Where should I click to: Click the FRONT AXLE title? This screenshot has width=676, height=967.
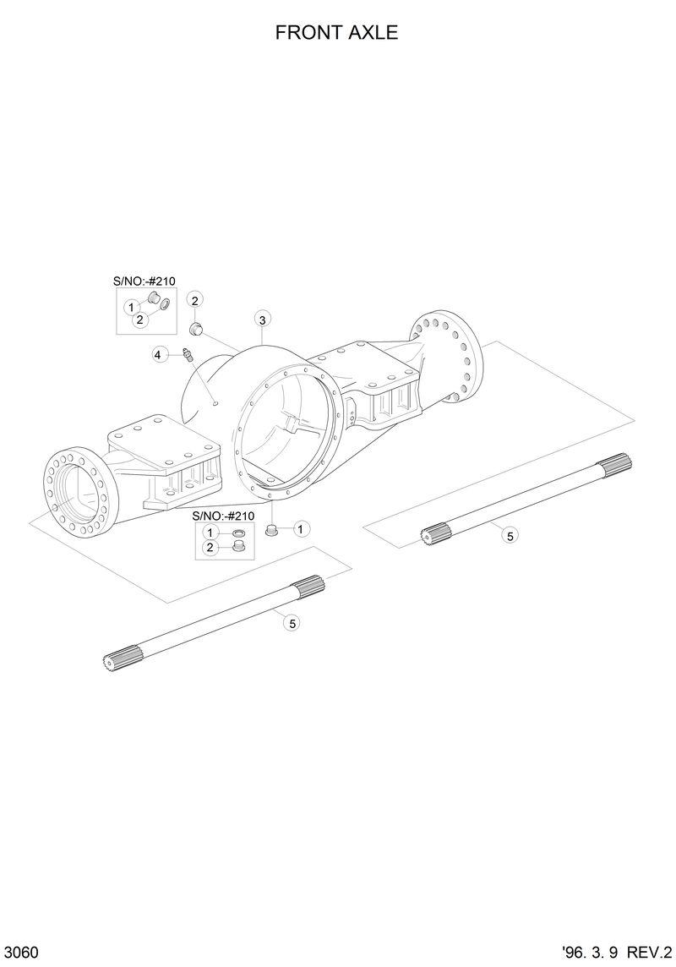coord(336,33)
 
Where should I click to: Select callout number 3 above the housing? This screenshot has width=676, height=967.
coord(263,320)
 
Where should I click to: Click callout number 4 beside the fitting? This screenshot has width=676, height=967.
coord(158,355)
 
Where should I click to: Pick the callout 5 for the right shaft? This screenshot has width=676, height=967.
coord(509,534)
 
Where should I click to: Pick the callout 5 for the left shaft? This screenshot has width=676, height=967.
coord(292,623)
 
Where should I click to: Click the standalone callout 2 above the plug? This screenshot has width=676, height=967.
coord(194,300)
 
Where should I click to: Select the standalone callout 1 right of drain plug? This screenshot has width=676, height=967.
coord(301,529)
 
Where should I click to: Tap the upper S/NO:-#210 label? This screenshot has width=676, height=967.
coord(144,281)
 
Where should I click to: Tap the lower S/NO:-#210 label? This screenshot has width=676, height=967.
coord(223,516)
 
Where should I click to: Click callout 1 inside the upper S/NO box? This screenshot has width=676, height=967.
coord(132,306)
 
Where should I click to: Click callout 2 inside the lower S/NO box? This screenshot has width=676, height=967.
coord(210,548)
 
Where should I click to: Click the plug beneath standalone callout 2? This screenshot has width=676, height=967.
coord(194,327)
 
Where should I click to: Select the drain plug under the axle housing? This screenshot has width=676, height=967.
coord(273,530)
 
